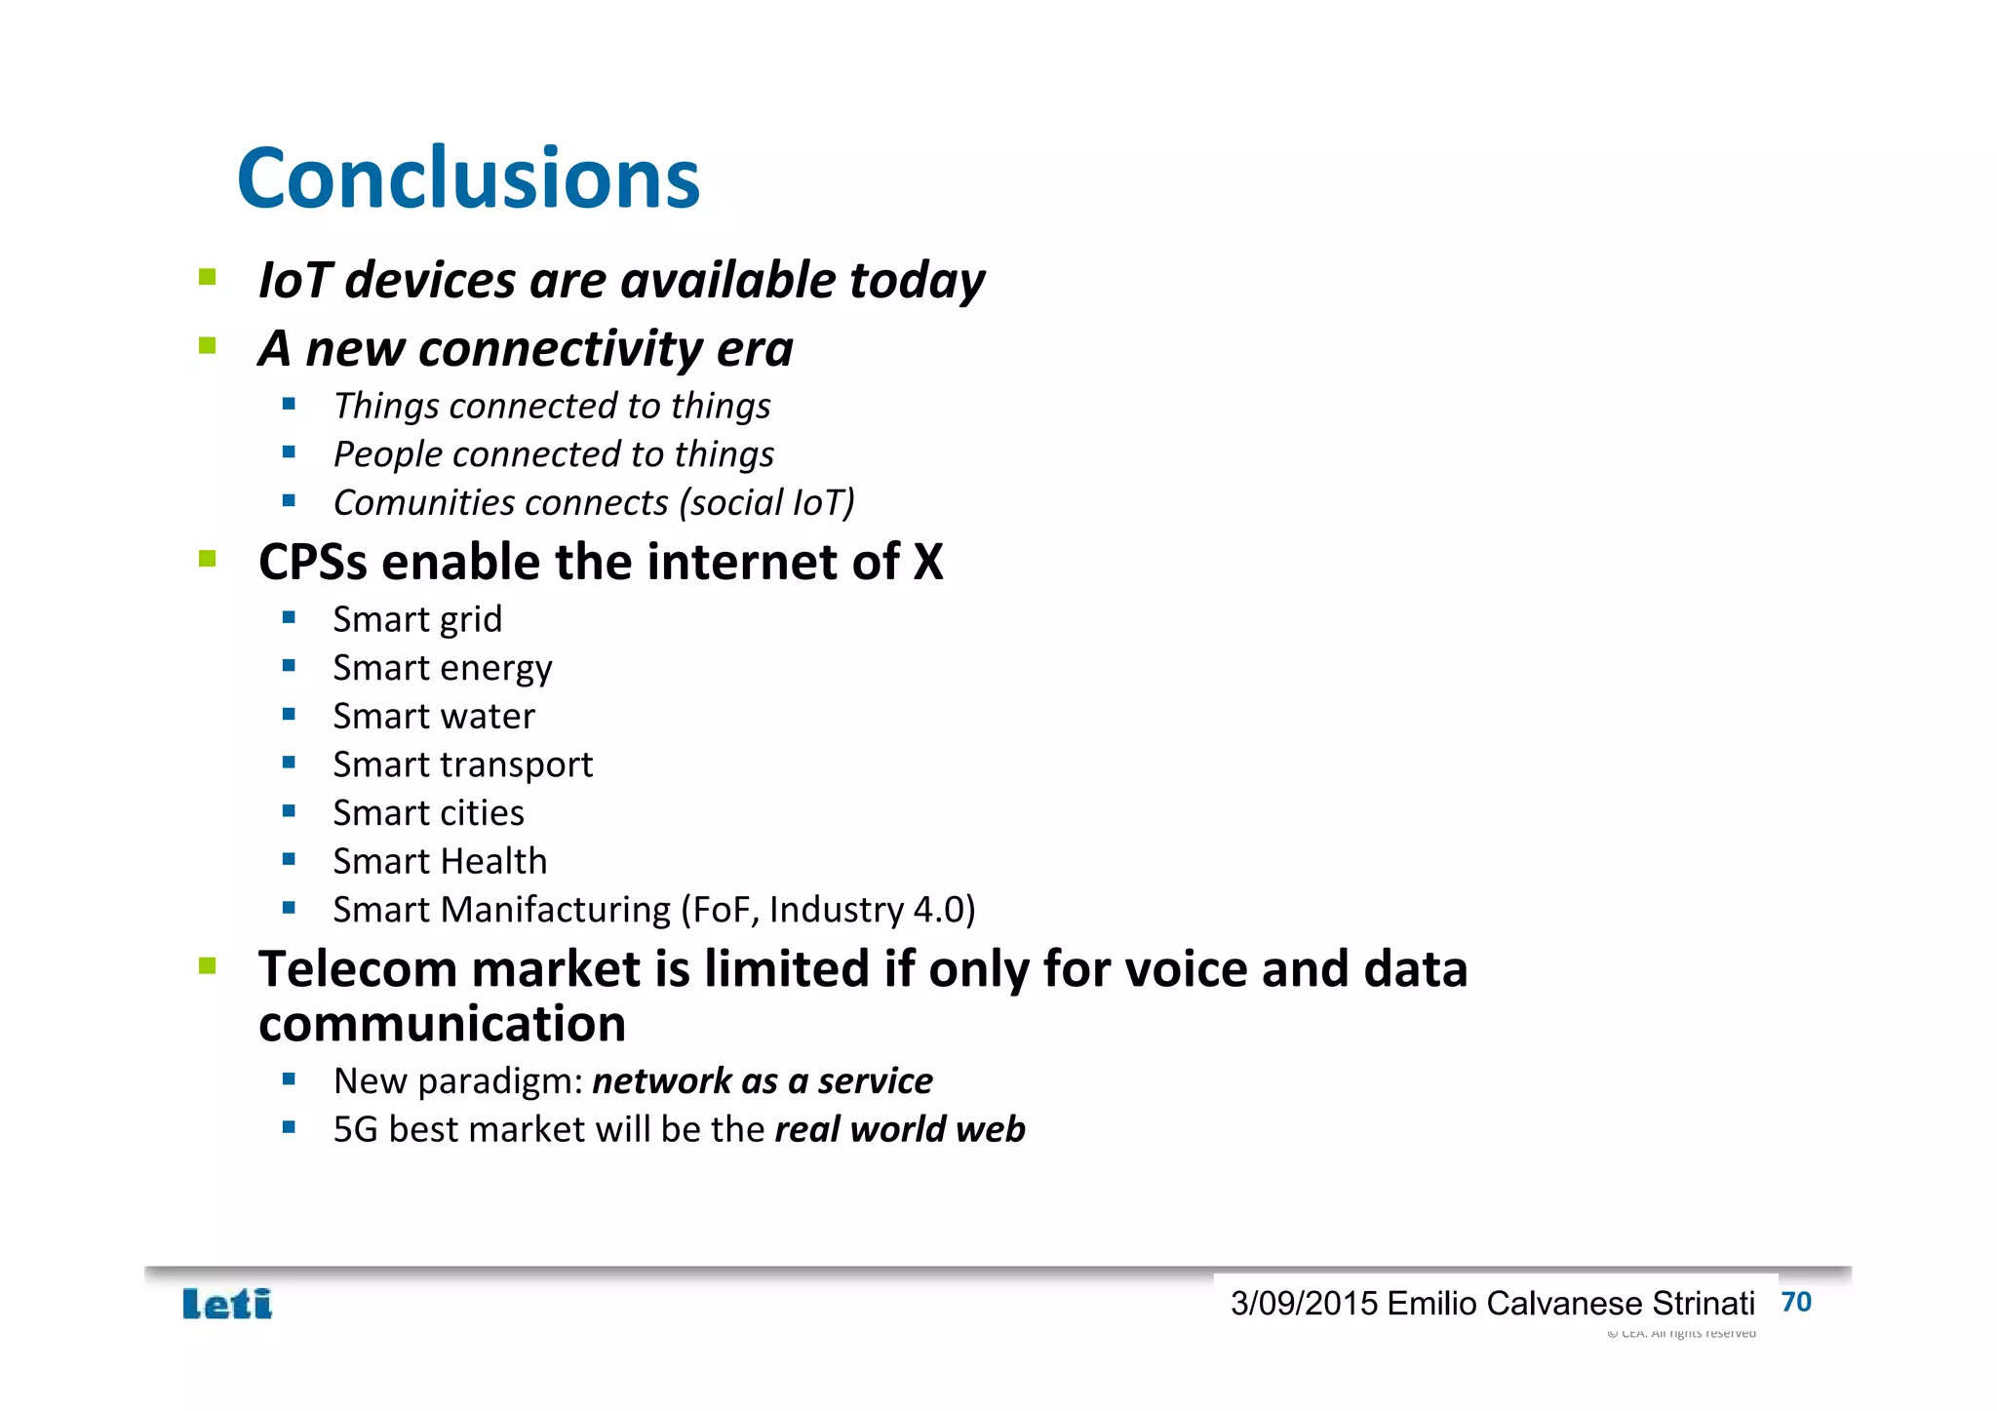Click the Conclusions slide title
click(468, 178)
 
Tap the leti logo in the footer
click(227, 1304)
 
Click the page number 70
click(1795, 1302)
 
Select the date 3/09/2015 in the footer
click(1304, 1304)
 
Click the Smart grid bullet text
click(417, 619)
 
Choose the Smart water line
click(434, 716)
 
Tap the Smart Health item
click(440, 861)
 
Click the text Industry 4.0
click(872, 910)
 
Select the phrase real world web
click(899, 1129)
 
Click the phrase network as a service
click(762, 1081)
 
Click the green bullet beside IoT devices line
click(208, 278)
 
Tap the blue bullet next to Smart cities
click(289, 811)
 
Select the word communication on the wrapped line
click(442, 1024)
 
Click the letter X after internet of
click(927, 563)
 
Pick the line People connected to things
click(553, 454)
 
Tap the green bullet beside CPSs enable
click(208, 559)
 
